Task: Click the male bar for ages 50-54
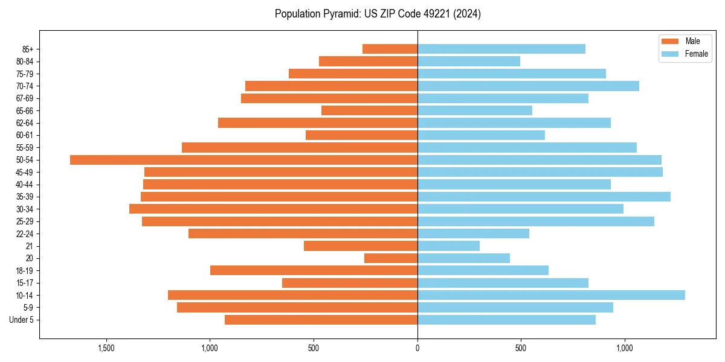[243, 160]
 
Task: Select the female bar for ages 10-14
[551, 295]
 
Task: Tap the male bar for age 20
[391, 258]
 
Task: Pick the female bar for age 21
[448, 246]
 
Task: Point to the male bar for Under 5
[321, 320]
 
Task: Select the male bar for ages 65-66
[369, 110]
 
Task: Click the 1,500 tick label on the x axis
[106, 349]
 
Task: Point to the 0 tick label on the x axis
[417, 349]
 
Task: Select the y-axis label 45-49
[25, 172]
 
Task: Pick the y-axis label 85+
[28, 49]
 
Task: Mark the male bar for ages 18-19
[314, 270]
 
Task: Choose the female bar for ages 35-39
[544, 197]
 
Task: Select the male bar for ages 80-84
[368, 61]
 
